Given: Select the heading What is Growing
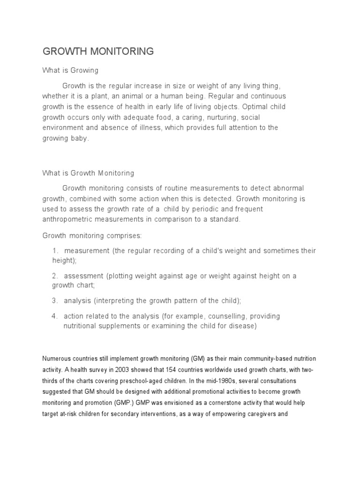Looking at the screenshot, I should [x=70, y=70].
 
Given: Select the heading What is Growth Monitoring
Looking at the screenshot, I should [x=88, y=173].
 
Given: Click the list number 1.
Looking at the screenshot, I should [x=55, y=251].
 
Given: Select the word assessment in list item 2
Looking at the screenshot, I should [x=83, y=276].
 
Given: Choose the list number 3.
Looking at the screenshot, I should [x=55, y=300].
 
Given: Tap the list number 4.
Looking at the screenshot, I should [x=55, y=316].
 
